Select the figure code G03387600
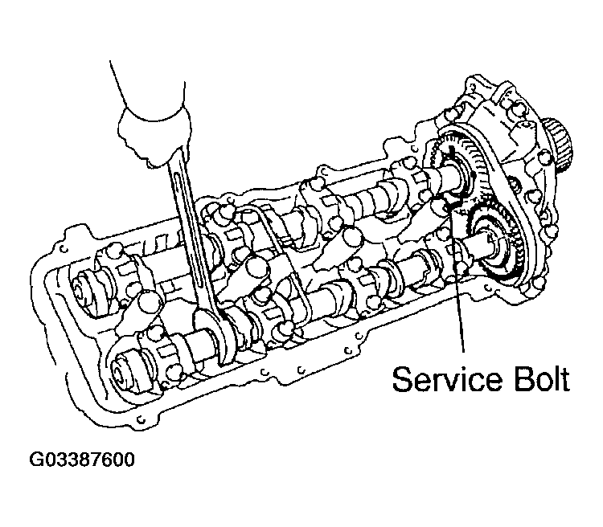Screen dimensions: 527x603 coord(81,461)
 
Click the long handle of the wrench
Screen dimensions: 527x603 coord(189,233)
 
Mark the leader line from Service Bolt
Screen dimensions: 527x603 coord(461,297)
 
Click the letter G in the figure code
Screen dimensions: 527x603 coord(36,461)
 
